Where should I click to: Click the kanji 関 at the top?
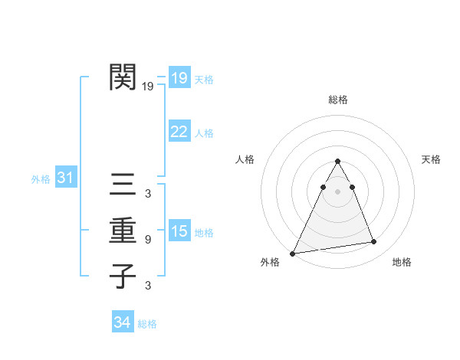pos(123,77)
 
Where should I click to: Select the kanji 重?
pos(123,230)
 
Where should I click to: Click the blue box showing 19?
pos(179,77)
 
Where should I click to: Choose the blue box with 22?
pos(179,132)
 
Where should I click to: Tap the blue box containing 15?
pos(179,231)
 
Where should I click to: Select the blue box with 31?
pos(65,178)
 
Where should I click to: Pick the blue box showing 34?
pos(122,322)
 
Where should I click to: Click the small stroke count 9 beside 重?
pos(147,240)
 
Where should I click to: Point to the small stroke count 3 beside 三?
pos(147,194)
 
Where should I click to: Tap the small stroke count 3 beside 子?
pos(147,286)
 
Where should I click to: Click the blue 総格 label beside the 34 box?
pos(147,324)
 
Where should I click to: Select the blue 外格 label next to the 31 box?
pos(41,179)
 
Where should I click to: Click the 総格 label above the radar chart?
pos(337,100)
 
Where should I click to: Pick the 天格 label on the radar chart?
pos(431,159)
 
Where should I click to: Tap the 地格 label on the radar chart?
pos(402,262)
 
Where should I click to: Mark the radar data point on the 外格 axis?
pos(292,254)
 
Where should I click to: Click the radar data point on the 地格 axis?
pos(374,242)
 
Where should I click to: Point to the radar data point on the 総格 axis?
pos(337,161)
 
